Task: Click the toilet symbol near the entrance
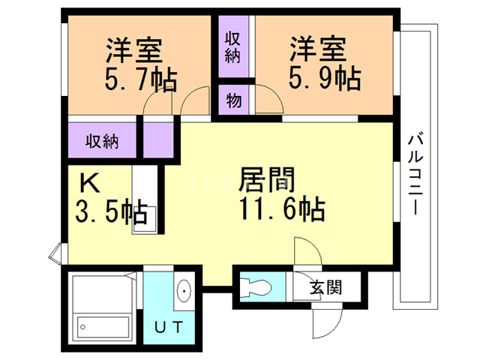click(x=255, y=286)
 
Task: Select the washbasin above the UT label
click(x=183, y=290)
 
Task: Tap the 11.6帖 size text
click(x=281, y=208)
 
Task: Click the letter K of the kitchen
click(x=89, y=183)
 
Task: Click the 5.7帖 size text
click(x=140, y=76)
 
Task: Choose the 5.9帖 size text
click(x=323, y=76)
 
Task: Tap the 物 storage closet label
click(x=233, y=100)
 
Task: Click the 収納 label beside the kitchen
click(x=101, y=140)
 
